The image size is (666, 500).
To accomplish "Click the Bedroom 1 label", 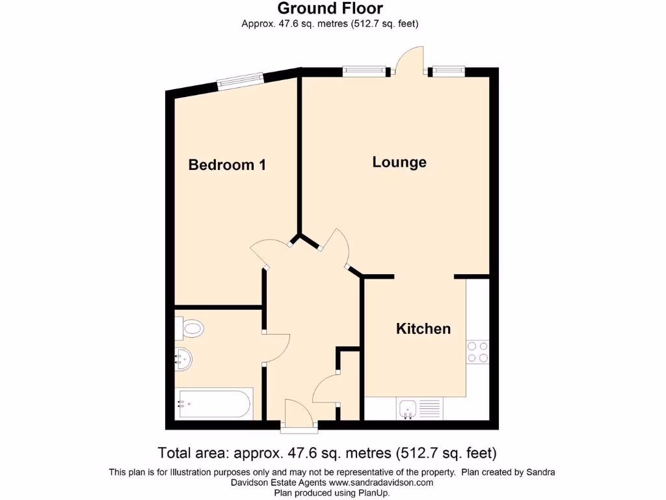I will (x=227, y=165).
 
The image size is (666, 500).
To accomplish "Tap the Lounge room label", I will (x=399, y=162).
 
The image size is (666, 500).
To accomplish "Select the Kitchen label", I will (x=423, y=329).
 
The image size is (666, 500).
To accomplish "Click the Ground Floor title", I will (x=330, y=8).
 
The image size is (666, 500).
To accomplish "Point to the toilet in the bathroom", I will (x=191, y=327).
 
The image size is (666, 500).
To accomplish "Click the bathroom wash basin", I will (x=183, y=359).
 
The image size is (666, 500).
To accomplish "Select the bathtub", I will (x=213, y=404).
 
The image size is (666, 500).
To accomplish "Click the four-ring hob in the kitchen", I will (x=478, y=352).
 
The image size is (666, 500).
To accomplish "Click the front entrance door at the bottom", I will (x=299, y=415).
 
